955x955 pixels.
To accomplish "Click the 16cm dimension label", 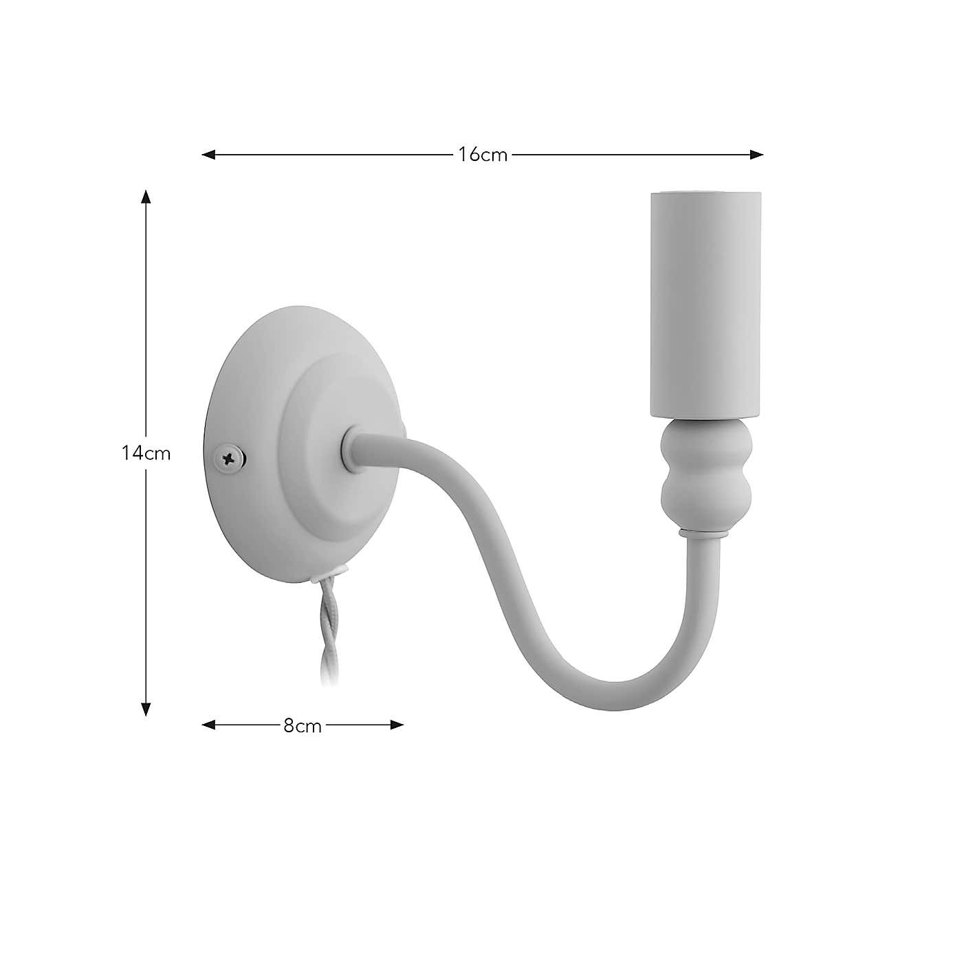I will pos(483,155).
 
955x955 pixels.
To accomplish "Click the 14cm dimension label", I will pos(146,454).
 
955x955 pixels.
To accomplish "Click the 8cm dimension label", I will pos(303,725).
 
